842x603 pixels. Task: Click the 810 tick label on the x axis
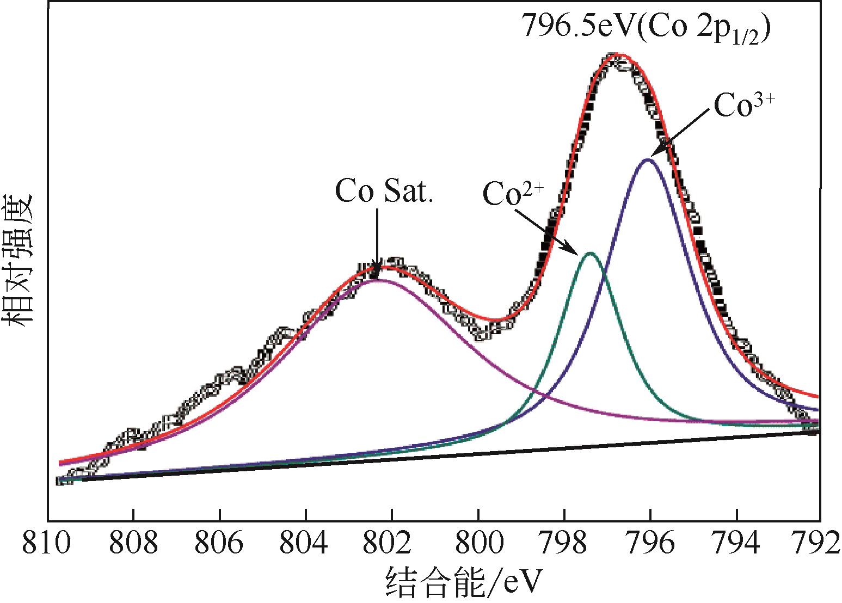(47, 544)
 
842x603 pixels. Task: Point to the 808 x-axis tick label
(133, 544)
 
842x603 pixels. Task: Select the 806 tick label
(219, 544)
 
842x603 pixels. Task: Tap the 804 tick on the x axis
(305, 544)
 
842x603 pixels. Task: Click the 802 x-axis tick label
(391, 544)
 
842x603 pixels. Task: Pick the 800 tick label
(478, 544)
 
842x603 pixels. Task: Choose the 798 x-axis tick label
(564, 544)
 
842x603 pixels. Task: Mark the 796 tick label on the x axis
(650, 544)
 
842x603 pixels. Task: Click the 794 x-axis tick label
(736, 544)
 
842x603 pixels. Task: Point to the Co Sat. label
(383, 191)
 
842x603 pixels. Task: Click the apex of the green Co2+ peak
(590, 253)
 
